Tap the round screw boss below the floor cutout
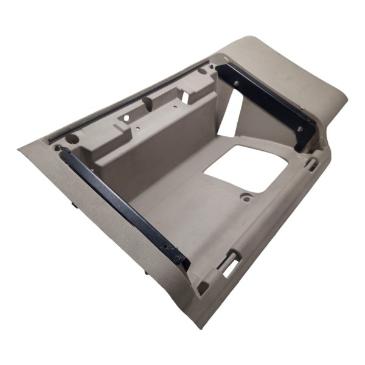[246, 196]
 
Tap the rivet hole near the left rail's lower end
[170, 248]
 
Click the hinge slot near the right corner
[312, 163]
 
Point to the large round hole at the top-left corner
[72, 139]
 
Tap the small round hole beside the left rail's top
[58, 147]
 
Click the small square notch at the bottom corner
[203, 287]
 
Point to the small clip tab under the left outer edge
[74, 204]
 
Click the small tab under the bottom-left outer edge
[145, 272]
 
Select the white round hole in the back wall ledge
[127, 117]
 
